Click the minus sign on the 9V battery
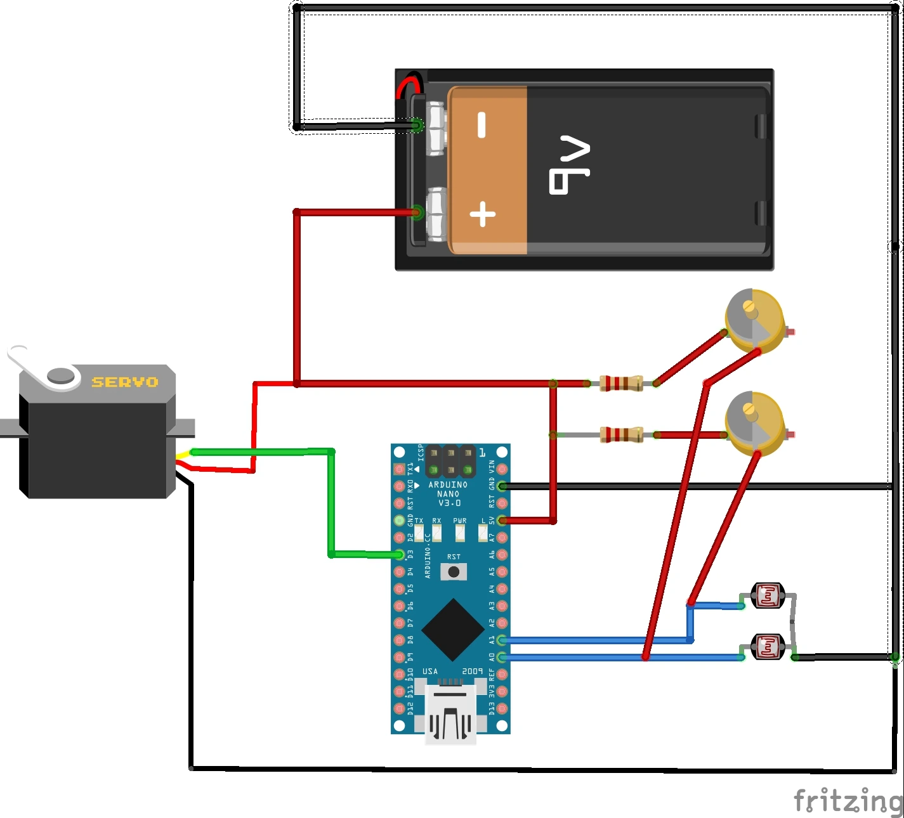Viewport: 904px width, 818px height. (x=481, y=124)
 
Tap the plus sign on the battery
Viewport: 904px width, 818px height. (x=483, y=214)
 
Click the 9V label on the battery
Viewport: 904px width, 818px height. (x=569, y=164)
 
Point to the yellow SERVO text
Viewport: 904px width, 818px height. (x=125, y=382)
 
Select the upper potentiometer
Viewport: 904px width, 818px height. (x=754, y=320)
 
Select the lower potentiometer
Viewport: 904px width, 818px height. (x=754, y=423)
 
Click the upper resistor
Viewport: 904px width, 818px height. (x=621, y=383)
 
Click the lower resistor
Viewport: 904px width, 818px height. (x=621, y=435)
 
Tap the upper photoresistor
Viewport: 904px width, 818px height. (x=768, y=596)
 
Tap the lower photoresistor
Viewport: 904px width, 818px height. (x=768, y=647)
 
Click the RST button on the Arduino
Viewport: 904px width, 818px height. (x=454, y=572)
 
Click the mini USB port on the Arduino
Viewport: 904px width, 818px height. (x=450, y=713)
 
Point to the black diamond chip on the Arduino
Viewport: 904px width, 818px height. (x=452, y=630)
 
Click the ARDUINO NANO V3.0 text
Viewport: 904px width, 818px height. (x=448, y=494)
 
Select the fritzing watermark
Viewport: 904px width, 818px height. (x=848, y=800)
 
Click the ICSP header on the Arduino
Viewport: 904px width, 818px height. (x=450, y=462)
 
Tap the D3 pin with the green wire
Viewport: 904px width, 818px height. (x=399, y=555)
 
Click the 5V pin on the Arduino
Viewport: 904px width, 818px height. (x=502, y=521)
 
